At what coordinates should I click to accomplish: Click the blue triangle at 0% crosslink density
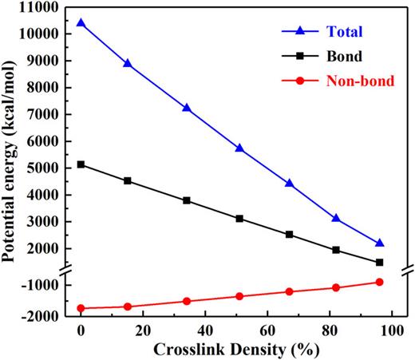point(81,23)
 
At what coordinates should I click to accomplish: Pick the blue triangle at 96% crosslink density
point(380,243)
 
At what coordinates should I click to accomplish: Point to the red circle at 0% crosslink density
point(81,308)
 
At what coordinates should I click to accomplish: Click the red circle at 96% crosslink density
point(380,282)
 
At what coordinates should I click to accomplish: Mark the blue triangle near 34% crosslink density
point(187,108)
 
